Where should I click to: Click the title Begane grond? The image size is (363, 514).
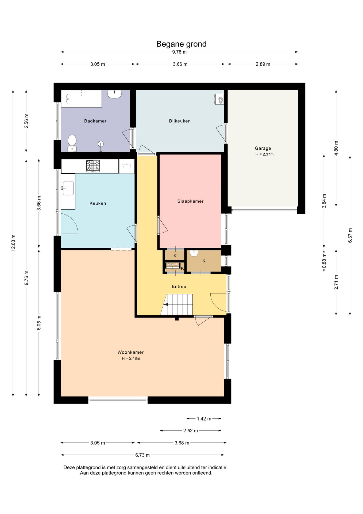tap(181, 44)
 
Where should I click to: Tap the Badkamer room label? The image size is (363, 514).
tap(95, 121)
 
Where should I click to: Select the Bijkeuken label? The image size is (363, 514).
tap(180, 121)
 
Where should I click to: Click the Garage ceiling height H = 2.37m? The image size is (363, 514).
tap(264, 154)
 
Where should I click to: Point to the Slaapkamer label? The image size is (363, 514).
tap(190, 201)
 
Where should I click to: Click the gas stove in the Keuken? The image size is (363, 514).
tap(93, 166)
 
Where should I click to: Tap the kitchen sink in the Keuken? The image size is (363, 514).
tap(68, 188)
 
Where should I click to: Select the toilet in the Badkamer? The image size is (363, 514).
tap(72, 143)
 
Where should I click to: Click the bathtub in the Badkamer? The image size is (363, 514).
tap(81, 99)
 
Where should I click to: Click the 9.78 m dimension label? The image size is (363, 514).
tap(179, 52)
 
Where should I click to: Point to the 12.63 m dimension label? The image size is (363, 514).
tap(13, 243)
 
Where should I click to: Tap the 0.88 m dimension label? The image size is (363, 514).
tap(324, 261)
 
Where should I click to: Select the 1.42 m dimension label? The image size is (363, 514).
tap(204, 419)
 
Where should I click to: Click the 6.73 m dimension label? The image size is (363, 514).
tap(142, 455)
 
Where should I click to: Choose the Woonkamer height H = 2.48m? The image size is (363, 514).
tap(131, 358)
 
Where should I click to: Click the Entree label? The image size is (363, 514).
tap(179, 286)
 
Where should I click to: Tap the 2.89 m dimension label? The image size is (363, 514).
tap(263, 64)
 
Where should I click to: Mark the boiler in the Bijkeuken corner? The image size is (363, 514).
tap(219, 99)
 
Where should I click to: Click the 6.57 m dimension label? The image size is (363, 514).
tap(350, 236)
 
